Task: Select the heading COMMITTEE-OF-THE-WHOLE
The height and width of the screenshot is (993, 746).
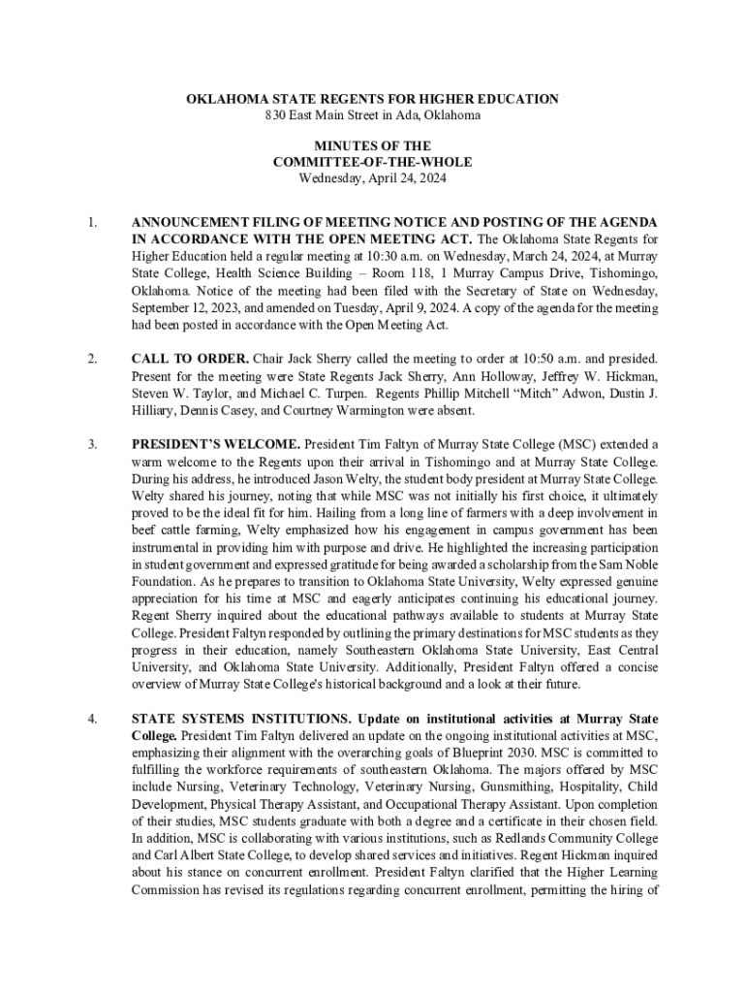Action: tap(372, 162)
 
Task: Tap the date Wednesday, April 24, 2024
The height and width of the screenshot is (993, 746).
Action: tap(372, 178)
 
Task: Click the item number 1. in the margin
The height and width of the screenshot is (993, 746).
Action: tap(92, 222)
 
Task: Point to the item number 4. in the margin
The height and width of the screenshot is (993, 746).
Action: tap(92, 719)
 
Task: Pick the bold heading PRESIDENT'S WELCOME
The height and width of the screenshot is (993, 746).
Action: tap(215, 444)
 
